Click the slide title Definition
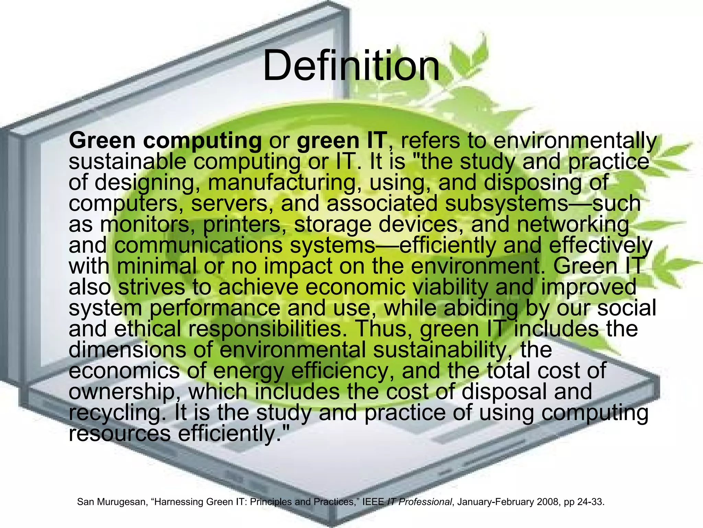click(351, 65)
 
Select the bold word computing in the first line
click(202, 141)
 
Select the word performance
click(215, 308)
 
